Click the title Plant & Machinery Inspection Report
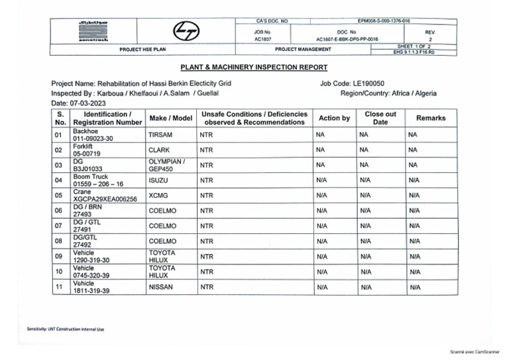[254, 67]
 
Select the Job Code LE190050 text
[352, 84]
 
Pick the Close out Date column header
[380, 118]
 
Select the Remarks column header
[430, 118]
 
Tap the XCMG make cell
[159, 196]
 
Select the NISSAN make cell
[161, 287]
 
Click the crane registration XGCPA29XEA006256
[105, 199]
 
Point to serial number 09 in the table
[60, 257]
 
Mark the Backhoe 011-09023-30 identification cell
[93, 135]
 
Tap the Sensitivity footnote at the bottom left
[65, 329]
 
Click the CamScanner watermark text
[474, 351]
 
